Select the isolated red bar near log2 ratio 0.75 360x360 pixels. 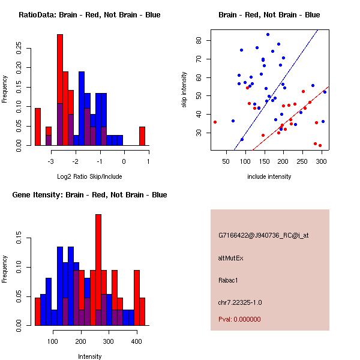coord(142,136)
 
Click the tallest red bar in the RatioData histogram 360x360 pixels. coord(60,90)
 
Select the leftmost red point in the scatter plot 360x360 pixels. coord(215,122)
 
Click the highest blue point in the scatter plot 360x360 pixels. coord(268,34)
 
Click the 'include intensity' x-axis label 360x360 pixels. coord(269,176)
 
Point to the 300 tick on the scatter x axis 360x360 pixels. coord(322,161)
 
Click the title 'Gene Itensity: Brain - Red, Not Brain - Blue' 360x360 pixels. coord(89,195)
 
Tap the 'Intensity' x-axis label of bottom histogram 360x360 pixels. coord(89,357)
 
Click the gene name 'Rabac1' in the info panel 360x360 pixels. coord(228,280)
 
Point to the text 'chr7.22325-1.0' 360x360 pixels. coord(240,302)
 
